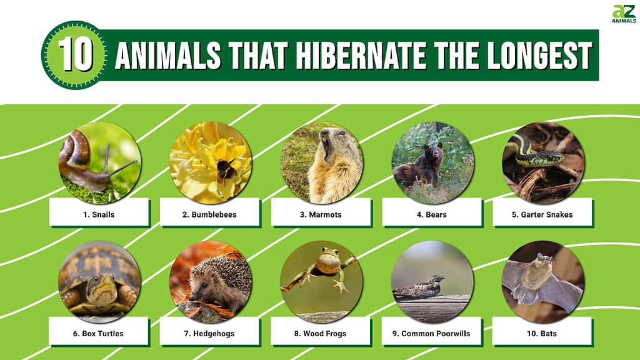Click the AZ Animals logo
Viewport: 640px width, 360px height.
pyautogui.click(x=623, y=13)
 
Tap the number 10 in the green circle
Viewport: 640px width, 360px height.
pyautogui.click(x=74, y=56)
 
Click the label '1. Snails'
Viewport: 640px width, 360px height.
pyautogui.click(x=99, y=214)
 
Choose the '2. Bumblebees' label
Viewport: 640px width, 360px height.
pyautogui.click(x=210, y=214)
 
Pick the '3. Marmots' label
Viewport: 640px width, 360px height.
pyautogui.click(x=321, y=214)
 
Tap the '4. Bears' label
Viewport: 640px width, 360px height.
pyautogui.click(x=432, y=214)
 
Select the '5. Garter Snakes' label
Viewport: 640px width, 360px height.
pyautogui.click(x=542, y=214)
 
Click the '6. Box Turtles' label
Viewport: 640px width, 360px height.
pyautogui.click(x=99, y=333)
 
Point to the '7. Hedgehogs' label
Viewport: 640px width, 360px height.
pyautogui.click(x=210, y=333)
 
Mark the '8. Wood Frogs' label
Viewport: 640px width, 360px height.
pyautogui.click(x=321, y=333)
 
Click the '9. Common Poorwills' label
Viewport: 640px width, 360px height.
pyautogui.click(x=432, y=333)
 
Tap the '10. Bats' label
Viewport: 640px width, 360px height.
pyautogui.click(x=542, y=333)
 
